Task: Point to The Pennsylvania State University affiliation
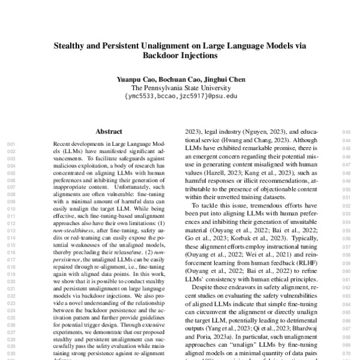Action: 179,88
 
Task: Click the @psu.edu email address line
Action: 179,96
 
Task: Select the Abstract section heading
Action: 109,131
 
